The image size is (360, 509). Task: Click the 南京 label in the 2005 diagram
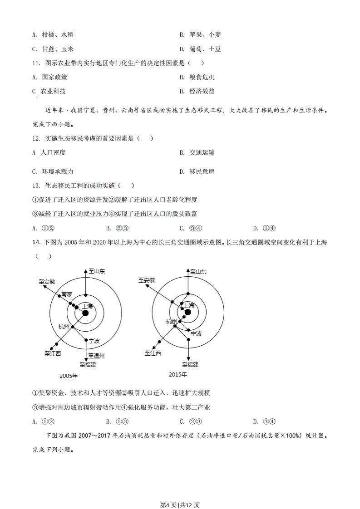67,294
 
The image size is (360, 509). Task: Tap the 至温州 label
96,356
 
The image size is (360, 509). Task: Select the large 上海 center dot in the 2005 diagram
85,313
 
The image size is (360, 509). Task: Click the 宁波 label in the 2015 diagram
196,333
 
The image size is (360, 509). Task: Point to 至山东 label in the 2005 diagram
97,271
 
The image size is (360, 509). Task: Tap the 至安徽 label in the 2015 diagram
147,280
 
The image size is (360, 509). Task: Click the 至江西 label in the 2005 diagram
53,353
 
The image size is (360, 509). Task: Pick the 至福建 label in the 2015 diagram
190,364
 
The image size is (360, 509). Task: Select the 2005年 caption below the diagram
69,376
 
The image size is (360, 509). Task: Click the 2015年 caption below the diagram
178,374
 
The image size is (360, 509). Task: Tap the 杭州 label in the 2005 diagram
64,327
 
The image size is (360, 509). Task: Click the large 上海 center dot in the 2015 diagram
187,312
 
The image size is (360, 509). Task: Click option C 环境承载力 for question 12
53,171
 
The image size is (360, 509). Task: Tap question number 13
36,186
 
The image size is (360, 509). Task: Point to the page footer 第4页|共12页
180,492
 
